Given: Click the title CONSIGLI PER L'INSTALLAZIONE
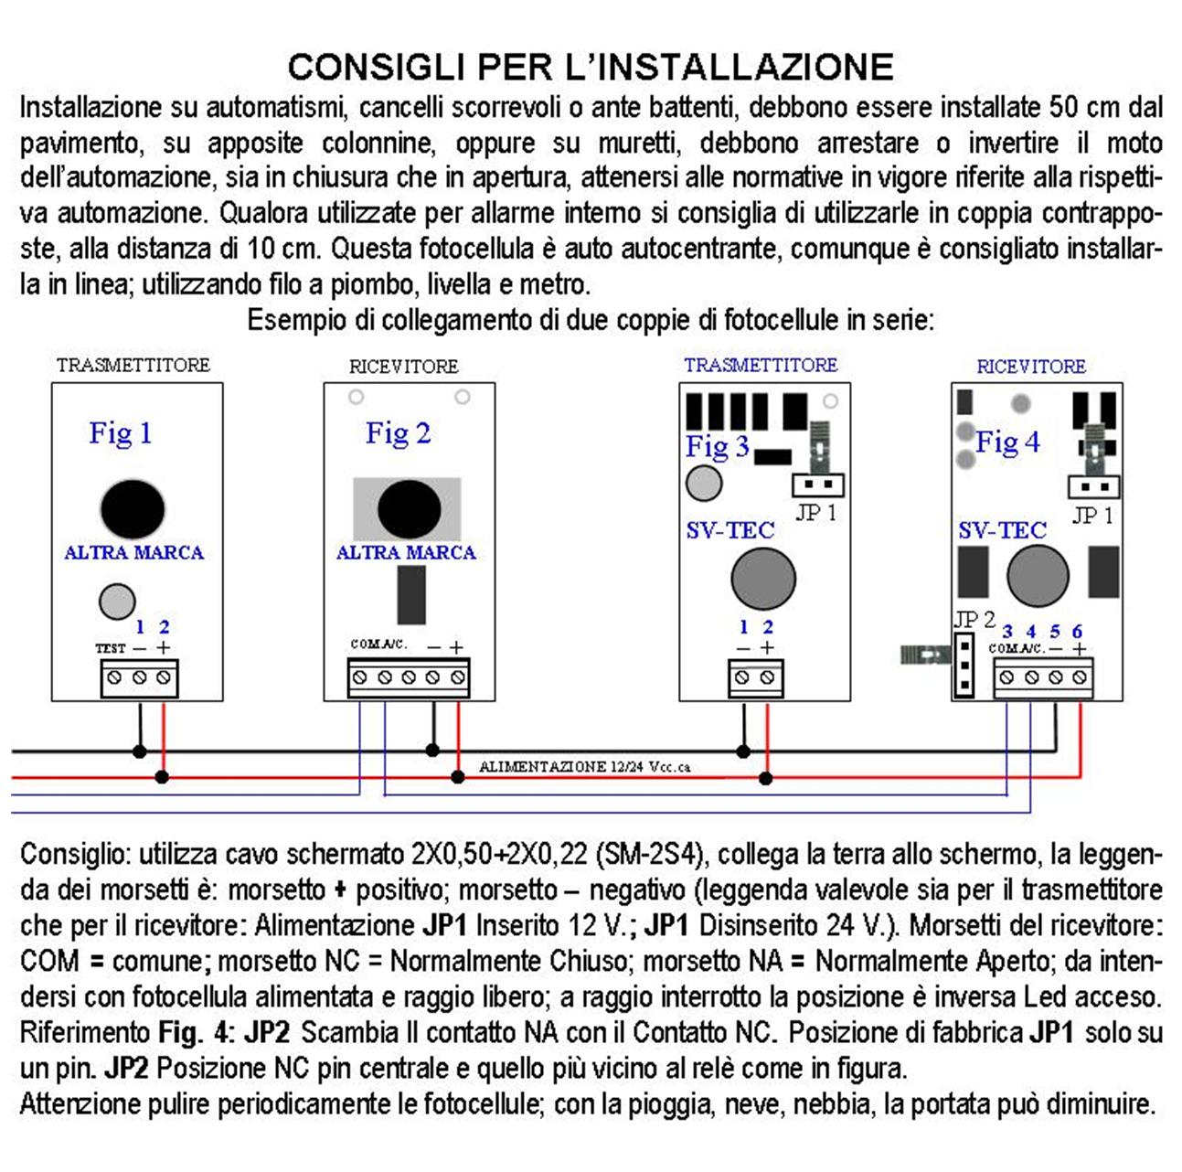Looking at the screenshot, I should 591,68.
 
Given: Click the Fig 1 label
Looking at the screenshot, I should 120,432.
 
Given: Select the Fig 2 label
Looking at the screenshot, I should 398,432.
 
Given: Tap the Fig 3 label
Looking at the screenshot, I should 718,446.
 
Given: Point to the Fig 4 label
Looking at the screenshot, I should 1007,442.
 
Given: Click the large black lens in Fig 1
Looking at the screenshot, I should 133,509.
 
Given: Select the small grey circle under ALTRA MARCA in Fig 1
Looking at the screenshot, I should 116,602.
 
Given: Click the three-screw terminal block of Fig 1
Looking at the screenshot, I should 139,678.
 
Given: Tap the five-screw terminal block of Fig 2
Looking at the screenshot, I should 409,678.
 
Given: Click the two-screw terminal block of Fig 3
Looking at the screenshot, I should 754,678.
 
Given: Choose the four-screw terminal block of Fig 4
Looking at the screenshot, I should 1043,678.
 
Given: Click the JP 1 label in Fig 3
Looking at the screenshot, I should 816,513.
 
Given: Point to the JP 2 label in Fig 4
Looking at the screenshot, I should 974,619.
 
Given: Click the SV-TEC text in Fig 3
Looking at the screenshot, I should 730,530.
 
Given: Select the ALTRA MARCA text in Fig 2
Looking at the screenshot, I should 406,552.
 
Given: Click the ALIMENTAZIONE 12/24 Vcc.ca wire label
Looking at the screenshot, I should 585,766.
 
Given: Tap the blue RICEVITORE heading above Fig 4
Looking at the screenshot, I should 1031,367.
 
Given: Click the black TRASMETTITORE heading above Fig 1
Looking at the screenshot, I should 133,365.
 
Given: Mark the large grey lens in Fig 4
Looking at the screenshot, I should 1038,575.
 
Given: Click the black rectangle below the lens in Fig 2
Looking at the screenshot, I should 411,595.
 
